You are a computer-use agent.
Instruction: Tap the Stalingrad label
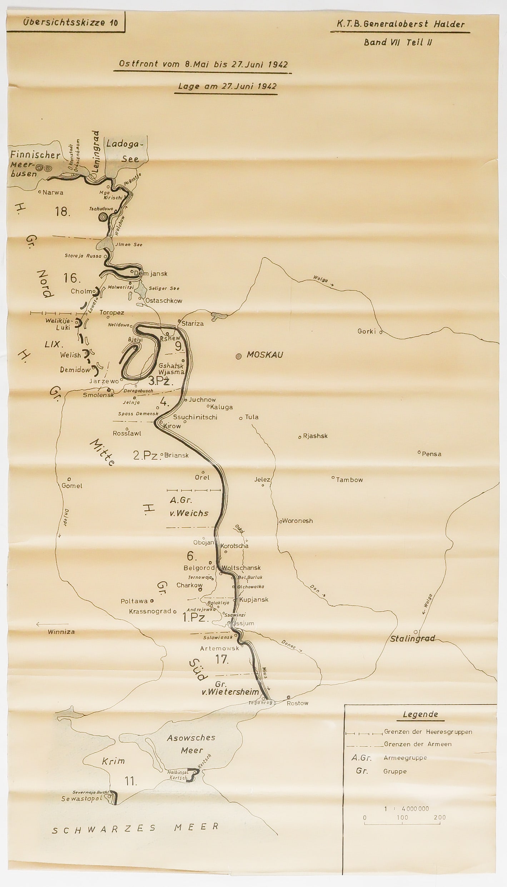point(412,638)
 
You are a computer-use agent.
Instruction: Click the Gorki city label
point(367,331)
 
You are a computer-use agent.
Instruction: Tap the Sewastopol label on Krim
point(82,798)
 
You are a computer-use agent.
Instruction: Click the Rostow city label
point(298,703)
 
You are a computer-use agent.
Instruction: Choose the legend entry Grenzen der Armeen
point(418,744)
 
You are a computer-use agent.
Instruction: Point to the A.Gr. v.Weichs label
point(189,507)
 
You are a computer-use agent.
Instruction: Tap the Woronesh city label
point(297,521)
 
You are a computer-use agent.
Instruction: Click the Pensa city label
point(432,454)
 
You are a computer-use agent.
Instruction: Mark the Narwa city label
point(53,192)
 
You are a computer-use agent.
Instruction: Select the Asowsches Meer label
point(191,744)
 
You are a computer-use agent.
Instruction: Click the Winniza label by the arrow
point(61,632)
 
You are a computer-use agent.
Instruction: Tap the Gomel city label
point(72,486)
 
